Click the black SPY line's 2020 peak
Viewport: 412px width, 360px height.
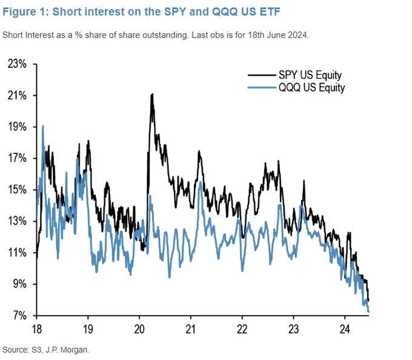pos(151,94)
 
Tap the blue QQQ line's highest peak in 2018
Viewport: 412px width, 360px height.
pos(42,126)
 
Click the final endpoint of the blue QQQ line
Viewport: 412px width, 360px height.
pos(369,312)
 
